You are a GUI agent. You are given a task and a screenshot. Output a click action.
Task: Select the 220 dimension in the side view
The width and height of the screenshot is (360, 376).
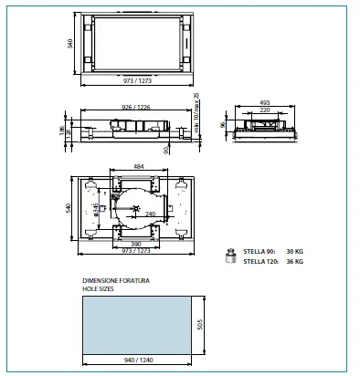(x=265, y=110)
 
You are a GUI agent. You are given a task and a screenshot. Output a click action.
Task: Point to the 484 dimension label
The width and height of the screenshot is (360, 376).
(x=139, y=167)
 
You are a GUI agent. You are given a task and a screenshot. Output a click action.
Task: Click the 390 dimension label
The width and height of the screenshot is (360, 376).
(x=135, y=245)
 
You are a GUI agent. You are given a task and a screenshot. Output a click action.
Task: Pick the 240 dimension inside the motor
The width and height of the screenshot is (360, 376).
(x=152, y=214)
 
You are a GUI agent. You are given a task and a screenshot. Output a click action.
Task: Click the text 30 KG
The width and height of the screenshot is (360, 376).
(x=294, y=252)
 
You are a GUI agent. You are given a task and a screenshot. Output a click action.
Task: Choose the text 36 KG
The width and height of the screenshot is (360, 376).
(x=294, y=262)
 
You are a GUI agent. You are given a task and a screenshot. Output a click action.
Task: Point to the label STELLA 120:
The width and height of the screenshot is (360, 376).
(x=261, y=262)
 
